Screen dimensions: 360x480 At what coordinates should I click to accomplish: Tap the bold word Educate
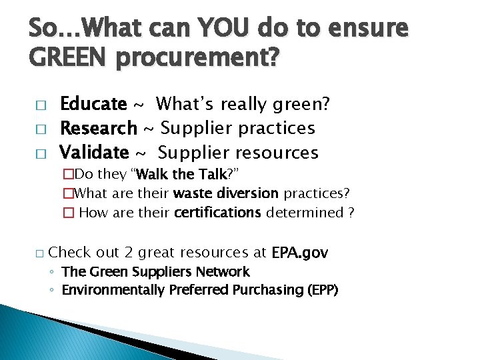point(93,104)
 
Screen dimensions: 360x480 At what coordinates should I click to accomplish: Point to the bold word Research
point(99,127)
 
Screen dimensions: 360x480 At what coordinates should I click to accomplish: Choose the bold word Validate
point(94,152)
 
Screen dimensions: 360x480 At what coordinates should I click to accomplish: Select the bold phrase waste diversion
point(225,193)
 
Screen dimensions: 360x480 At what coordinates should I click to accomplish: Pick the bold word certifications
point(217,213)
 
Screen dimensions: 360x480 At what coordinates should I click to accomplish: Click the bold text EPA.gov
point(300,253)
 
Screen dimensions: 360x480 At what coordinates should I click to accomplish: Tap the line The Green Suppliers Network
point(155,272)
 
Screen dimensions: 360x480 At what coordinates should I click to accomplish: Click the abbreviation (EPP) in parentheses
point(321,290)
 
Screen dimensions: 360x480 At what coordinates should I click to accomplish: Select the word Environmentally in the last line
point(111,290)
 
